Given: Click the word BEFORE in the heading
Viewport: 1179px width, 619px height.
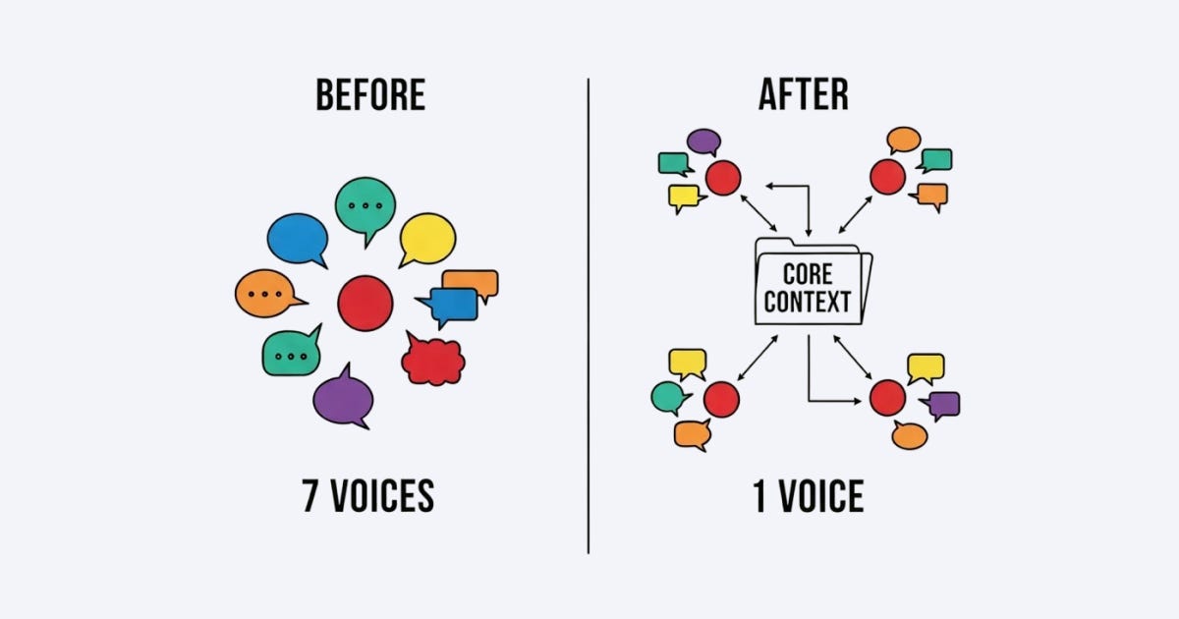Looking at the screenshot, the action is tap(370, 95).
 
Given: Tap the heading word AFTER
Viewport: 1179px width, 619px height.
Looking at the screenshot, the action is tap(804, 95).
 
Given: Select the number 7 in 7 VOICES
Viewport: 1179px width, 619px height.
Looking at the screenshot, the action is tap(311, 497).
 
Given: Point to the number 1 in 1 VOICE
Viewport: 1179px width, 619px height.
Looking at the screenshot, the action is tap(759, 497).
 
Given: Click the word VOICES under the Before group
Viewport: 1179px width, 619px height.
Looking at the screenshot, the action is tap(381, 497).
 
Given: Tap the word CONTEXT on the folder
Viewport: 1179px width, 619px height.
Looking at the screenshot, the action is tap(808, 301).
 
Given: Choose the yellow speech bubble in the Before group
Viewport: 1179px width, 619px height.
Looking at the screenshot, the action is tap(428, 238).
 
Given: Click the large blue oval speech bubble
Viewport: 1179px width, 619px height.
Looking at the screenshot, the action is tap(297, 239).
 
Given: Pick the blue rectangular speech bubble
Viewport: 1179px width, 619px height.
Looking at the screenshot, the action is tap(454, 306).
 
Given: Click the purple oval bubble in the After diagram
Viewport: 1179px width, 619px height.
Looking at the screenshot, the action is tap(703, 141).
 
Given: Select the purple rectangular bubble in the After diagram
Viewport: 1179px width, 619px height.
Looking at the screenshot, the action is tap(943, 403).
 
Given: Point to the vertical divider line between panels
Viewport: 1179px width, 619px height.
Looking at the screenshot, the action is tap(589, 314).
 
